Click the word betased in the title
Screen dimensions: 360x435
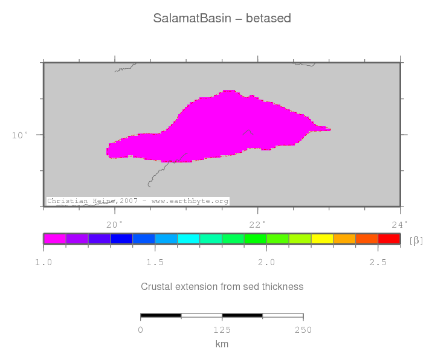[268, 18]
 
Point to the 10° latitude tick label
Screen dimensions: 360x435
[20, 135]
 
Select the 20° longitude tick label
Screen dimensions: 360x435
[114, 225]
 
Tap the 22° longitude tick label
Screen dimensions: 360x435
[257, 225]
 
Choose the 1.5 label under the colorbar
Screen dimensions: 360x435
[155, 262]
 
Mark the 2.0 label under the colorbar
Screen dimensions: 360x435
[266, 262]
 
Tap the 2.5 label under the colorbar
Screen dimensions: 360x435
[378, 262]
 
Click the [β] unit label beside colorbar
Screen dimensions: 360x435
[416, 240]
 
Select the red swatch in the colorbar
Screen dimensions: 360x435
[389, 239]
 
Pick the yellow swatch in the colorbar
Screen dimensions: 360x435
[322, 239]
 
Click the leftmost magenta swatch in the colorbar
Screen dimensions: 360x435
[55, 239]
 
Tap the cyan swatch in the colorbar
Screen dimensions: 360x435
[188, 239]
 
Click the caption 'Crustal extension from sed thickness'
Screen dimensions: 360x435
[222, 286]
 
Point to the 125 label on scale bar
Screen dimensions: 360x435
[222, 330]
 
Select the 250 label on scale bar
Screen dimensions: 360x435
[303, 330]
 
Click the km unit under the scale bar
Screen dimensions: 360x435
[222, 344]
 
